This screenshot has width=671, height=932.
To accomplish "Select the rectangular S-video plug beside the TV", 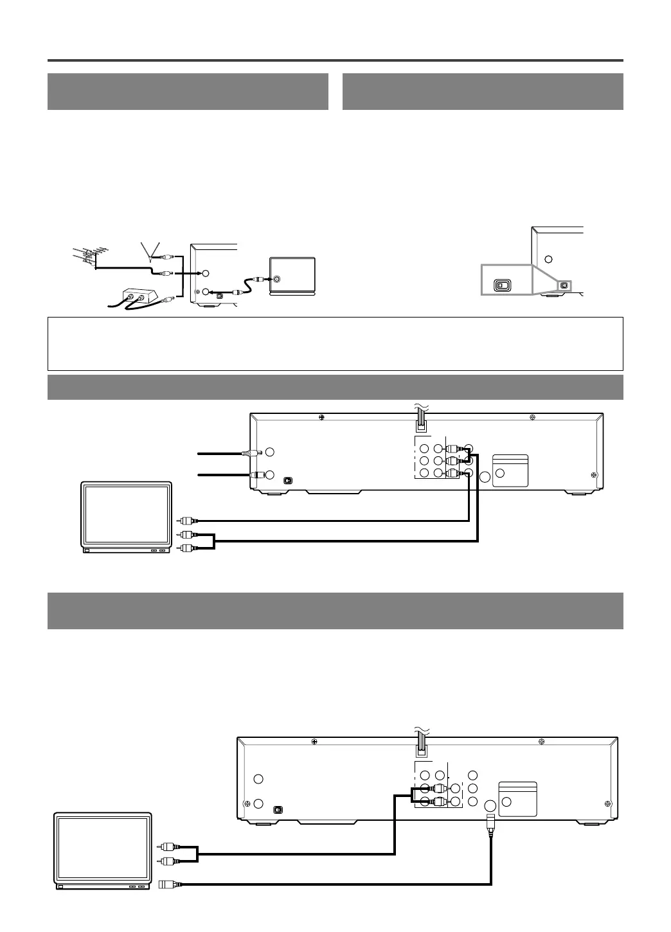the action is pos(163,885).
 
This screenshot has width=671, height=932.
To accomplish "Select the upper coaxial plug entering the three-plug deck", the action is pos(248,453).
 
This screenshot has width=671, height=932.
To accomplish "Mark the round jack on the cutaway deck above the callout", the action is pos(548,260).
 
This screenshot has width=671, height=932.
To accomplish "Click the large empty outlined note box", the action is pos(335,343).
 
